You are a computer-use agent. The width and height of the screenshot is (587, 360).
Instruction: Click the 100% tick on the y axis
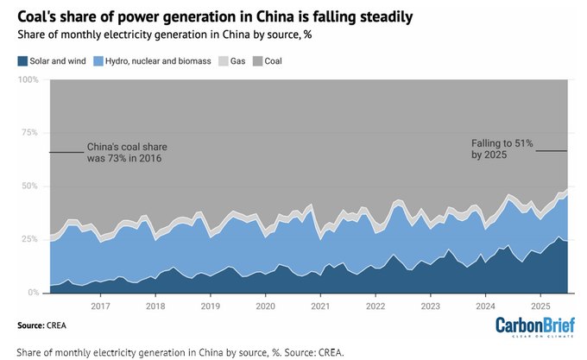click(29, 79)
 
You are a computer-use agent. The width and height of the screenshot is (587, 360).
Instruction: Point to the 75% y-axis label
click(32, 133)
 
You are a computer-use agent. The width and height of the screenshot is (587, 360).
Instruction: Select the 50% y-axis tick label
click(32, 186)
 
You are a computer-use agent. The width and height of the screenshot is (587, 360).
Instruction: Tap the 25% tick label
click(32, 239)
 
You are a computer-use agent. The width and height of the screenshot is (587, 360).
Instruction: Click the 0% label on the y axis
click(35, 293)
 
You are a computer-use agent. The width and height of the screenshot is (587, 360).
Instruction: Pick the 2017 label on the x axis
click(101, 306)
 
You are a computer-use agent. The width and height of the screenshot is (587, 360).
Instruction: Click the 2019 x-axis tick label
click(211, 306)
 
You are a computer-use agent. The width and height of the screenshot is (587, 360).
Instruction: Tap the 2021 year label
click(320, 306)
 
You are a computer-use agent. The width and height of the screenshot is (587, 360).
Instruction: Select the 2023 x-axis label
click(430, 306)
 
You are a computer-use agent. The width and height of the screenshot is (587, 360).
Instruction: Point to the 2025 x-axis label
click(540, 306)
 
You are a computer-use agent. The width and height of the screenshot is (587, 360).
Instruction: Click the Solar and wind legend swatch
click(23, 61)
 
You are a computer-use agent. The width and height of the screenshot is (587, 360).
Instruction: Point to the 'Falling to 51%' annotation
click(502, 146)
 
